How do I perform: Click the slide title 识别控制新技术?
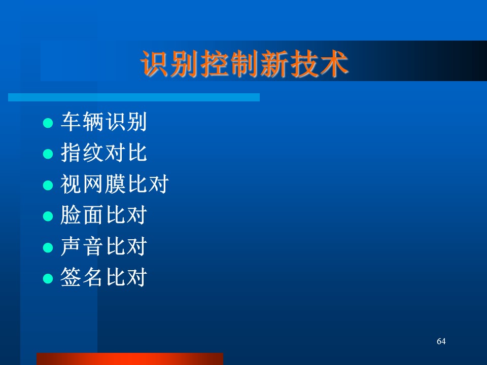245,64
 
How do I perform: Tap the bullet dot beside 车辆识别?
48,123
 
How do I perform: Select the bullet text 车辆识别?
103,122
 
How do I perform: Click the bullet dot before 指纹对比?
48,154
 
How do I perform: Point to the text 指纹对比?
103,153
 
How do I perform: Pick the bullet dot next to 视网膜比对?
48,186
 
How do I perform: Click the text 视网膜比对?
115,184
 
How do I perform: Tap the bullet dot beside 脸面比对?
48,216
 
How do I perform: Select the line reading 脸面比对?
103,215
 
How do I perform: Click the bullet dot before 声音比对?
48,247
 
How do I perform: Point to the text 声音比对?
103,246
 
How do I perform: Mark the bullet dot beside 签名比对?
48,278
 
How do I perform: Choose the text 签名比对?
103,277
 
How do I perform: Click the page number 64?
441,341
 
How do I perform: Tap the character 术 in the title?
334,64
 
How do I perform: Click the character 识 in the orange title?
155,64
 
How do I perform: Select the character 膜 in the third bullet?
115,184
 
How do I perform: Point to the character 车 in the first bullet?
71,122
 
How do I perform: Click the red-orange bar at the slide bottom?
130,359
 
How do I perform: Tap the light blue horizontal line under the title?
134,97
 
